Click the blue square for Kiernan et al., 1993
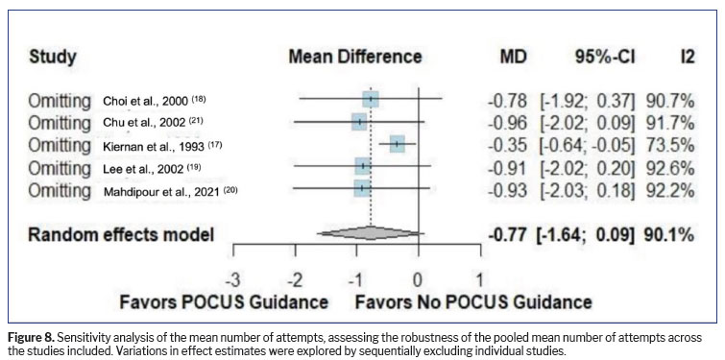coord(398,144)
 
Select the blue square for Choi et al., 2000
coord(371,99)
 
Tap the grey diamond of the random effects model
coord(371,233)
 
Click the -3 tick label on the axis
coord(232,280)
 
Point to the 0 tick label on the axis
coord(418,280)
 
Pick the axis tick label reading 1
coord(479,280)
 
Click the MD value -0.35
coord(508,145)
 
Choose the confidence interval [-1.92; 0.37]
coord(589,100)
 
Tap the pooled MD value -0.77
coord(507,235)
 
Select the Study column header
coord(52,58)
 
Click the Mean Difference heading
coord(355,58)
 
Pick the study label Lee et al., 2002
coord(153,168)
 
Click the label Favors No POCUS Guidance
coord(473,302)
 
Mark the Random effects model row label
coord(121,235)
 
